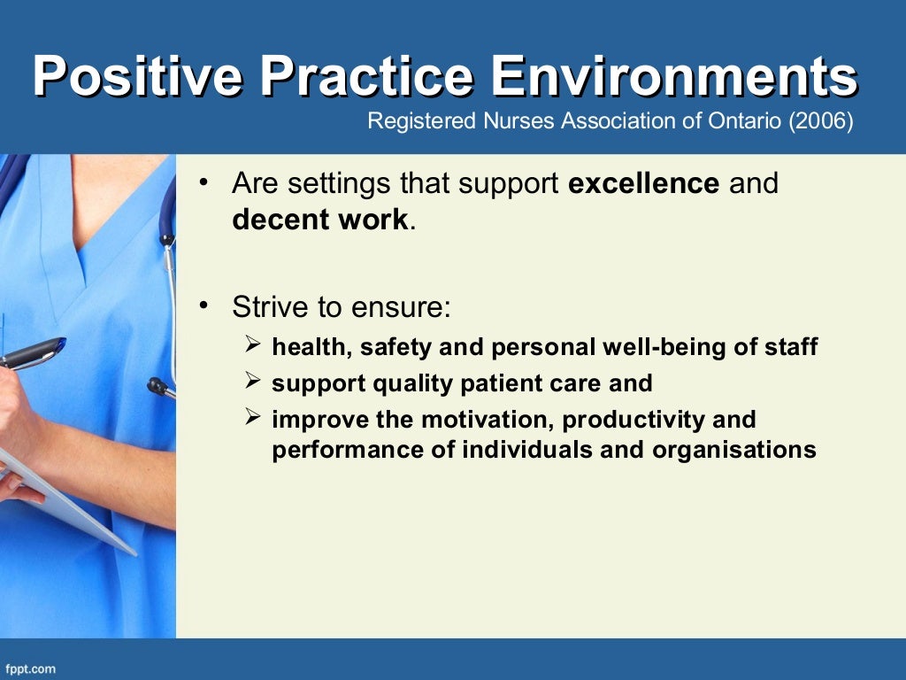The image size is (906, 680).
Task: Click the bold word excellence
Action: tap(643, 183)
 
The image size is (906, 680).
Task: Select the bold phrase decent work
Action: tap(320, 220)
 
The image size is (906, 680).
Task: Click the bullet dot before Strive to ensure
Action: tap(203, 307)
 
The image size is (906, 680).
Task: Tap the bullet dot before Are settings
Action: tap(203, 183)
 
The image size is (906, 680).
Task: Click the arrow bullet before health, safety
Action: tap(251, 346)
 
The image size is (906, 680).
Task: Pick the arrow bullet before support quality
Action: tap(251, 382)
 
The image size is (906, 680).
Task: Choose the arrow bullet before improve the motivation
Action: tap(251, 418)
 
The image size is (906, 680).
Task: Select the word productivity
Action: tap(634, 419)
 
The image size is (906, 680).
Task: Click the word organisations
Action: tap(734, 450)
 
